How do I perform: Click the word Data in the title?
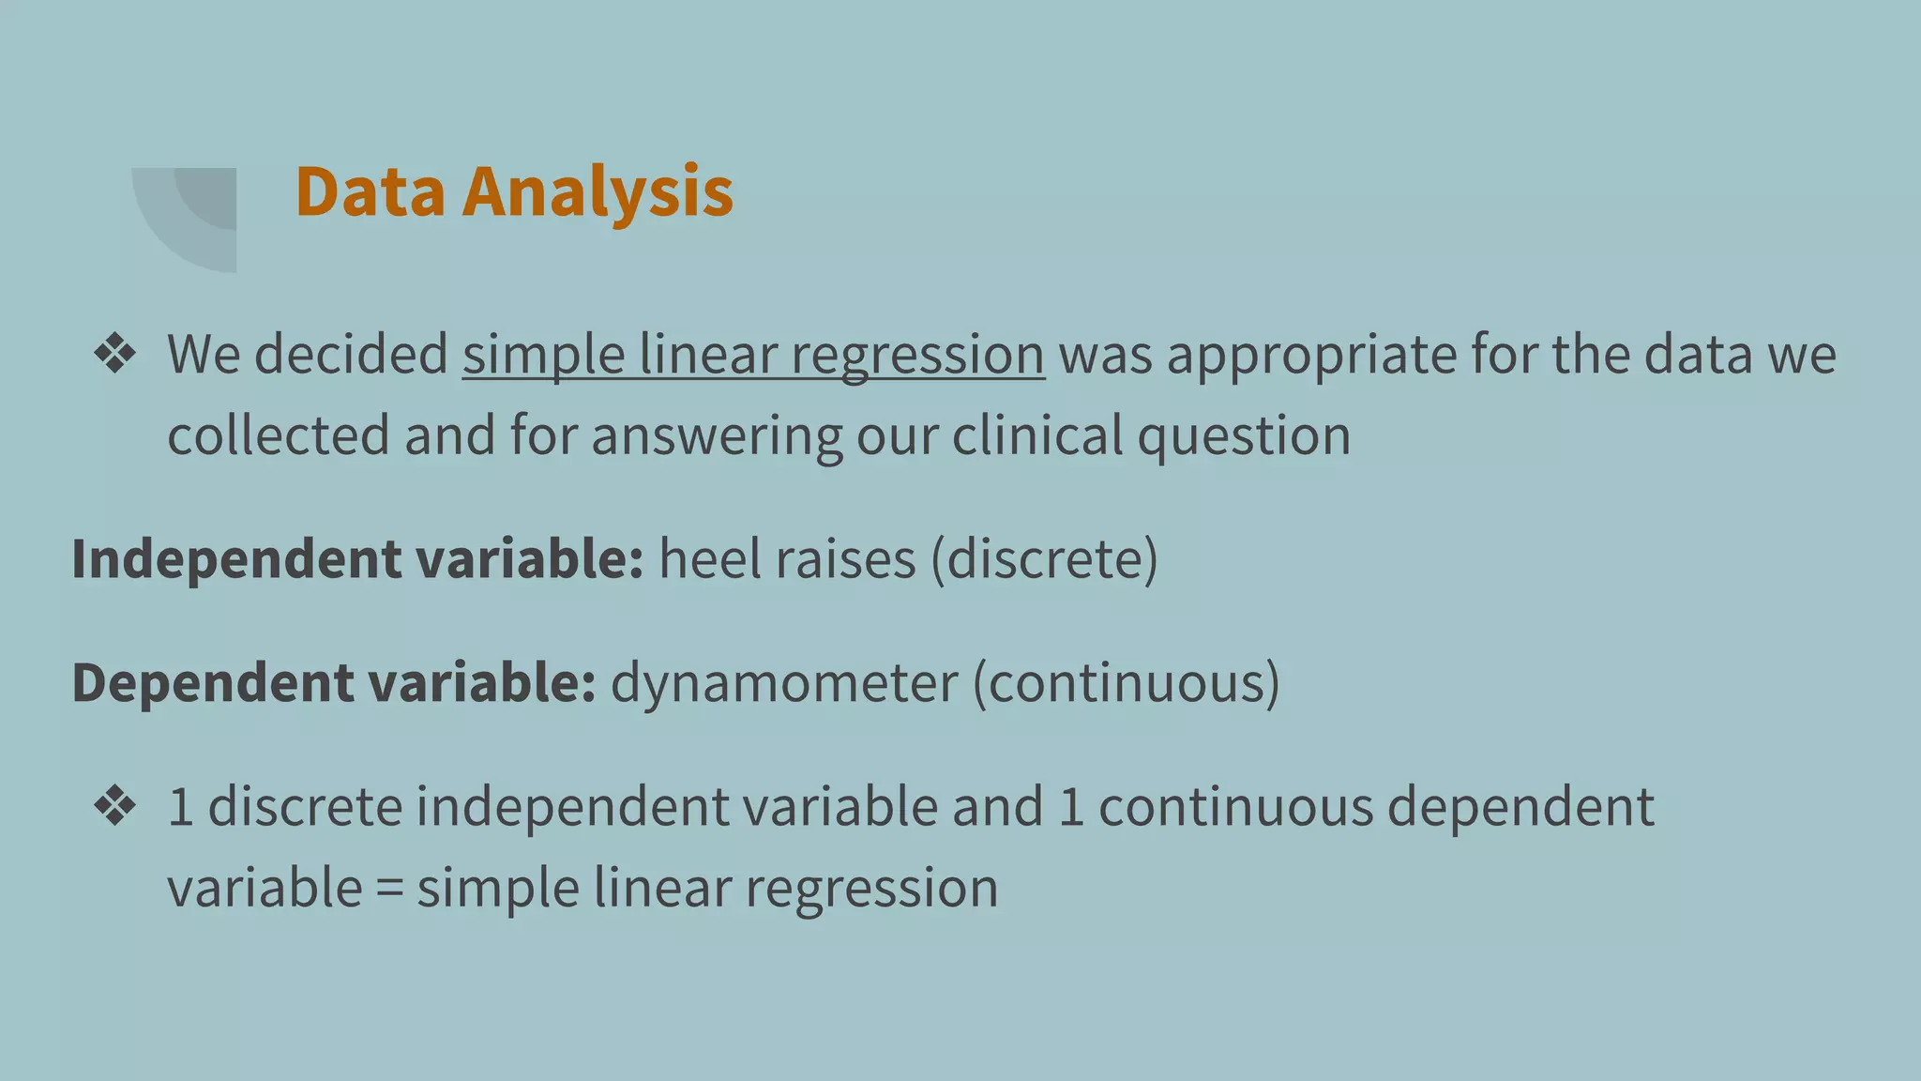(370, 192)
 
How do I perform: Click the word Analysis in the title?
(597, 192)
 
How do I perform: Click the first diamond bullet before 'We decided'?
(115, 355)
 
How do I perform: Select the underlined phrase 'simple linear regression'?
(752, 356)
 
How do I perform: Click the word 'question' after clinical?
(1244, 436)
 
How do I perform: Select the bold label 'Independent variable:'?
(357, 559)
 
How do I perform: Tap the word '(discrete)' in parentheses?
(1044, 559)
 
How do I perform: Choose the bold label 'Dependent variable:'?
(333, 682)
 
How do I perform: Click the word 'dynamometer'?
(784, 682)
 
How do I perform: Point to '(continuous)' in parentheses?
(1126, 682)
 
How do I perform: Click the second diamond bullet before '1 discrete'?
(115, 806)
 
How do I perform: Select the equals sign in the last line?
(389, 889)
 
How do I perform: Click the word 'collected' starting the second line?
(278, 436)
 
